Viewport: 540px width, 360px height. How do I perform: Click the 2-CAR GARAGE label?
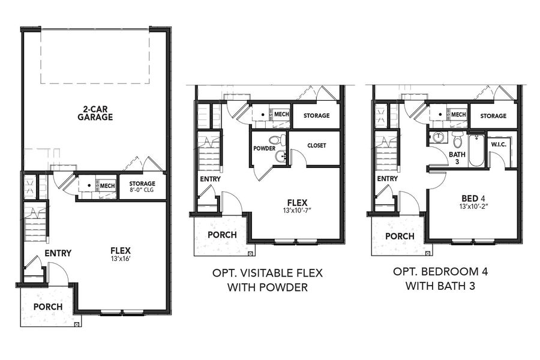click(x=95, y=113)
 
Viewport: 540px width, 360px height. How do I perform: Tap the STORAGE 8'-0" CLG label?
click(x=142, y=187)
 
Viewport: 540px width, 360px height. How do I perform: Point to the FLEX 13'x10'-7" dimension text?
click(x=298, y=210)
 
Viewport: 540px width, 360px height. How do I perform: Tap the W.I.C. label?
click(x=499, y=145)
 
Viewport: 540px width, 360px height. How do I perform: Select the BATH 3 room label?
click(x=457, y=158)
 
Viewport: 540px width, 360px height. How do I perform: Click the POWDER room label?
click(x=265, y=148)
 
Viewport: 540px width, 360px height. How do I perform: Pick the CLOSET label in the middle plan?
click(x=316, y=145)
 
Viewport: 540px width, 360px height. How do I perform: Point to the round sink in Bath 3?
click(x=437, y=137)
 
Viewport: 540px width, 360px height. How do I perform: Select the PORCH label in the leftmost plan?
click(x=48, y=307)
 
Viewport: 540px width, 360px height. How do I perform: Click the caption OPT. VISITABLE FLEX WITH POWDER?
click(x=268, y=280)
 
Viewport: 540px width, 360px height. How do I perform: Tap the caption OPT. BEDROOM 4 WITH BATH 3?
click(x=440, y=278)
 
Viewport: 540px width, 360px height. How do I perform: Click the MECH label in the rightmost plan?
click(x=458, y=115)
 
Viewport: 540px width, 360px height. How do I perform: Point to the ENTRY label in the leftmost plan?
click(x=58, y=253)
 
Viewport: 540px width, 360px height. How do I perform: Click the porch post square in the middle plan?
click(x=250, y=254)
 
